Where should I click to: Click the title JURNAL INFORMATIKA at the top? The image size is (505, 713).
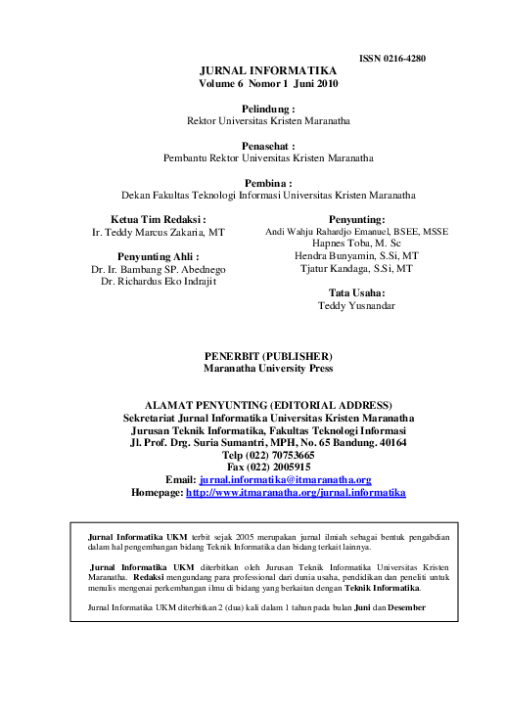click(x=267, y=71)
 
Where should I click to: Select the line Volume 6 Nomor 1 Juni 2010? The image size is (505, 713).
click(x=267, y=85)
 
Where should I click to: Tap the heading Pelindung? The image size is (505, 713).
click(x=267, y=109)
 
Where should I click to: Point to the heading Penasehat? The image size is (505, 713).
click(x=267, y=144)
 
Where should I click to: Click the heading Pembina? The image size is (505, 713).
click(x=267, y=182)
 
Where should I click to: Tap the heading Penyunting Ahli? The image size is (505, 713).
click(x=159, y=255)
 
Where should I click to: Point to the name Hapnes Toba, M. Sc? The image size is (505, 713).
click(x=357, y=244)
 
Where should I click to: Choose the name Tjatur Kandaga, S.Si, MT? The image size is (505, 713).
click(x=357, y=268)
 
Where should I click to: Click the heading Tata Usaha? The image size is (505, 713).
click(x=357, y=292)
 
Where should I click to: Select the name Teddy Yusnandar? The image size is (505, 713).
click(x=357, y=305)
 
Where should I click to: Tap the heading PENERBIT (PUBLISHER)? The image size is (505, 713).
click(x=267, y=356)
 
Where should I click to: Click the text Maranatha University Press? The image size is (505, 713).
click(x=267, y=369)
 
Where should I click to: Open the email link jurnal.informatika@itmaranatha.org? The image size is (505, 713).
click(x=285, y=480)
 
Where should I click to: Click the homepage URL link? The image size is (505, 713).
click(x=296, y=493)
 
